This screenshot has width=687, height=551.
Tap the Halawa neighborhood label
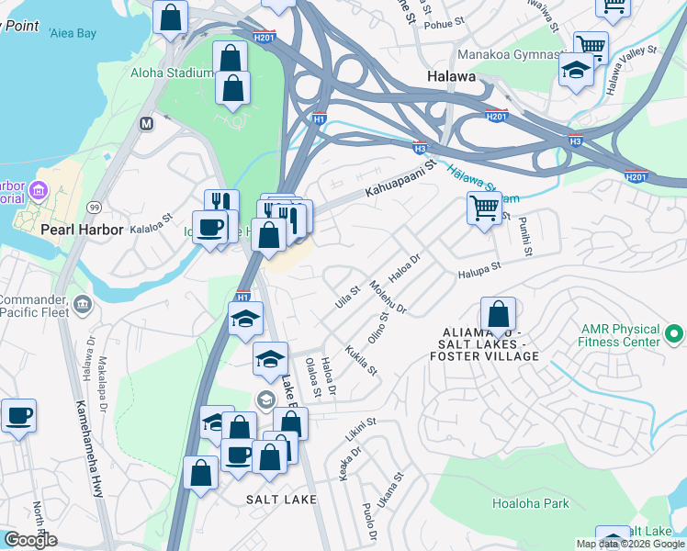point(451,77)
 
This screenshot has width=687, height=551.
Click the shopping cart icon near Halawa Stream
point(484,208)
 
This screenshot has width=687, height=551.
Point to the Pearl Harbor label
point(82,229)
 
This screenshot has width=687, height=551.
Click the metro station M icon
point(145,123)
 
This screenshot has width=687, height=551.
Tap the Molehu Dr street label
point(387,298)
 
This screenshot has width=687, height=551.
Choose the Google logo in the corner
point(30,540)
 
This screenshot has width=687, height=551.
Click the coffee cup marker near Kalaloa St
point(210,228)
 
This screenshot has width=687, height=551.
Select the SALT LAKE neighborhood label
point(281,500)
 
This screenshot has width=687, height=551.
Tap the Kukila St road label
point(361,359)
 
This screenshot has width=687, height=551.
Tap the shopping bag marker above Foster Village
point(497,316)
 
